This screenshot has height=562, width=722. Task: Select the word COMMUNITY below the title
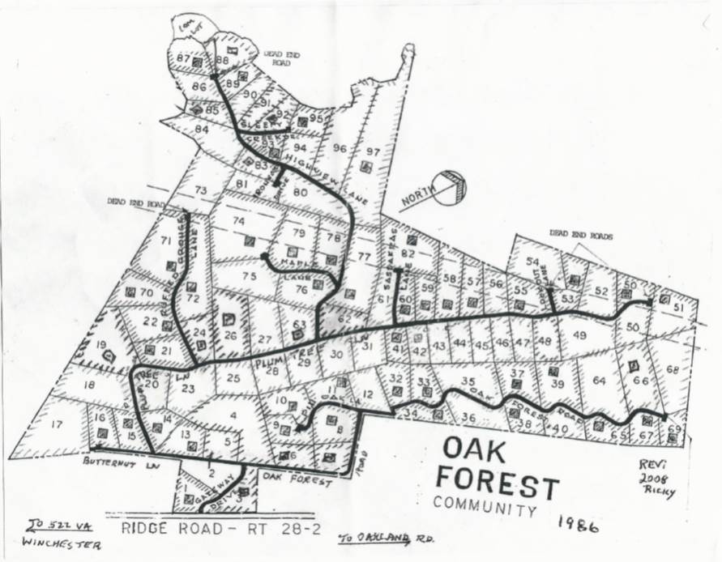(485, 506)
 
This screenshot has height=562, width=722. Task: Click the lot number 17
(56, 423)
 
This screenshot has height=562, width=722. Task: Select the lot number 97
(372, 151)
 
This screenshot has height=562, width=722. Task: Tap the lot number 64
(599, 380)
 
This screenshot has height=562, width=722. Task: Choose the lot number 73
(201, 190)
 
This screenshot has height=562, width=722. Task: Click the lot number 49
(579, 334)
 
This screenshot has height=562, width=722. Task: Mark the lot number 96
(340, 148)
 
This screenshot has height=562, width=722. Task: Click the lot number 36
(468, 418)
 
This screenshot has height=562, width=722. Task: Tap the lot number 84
(202, 130)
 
